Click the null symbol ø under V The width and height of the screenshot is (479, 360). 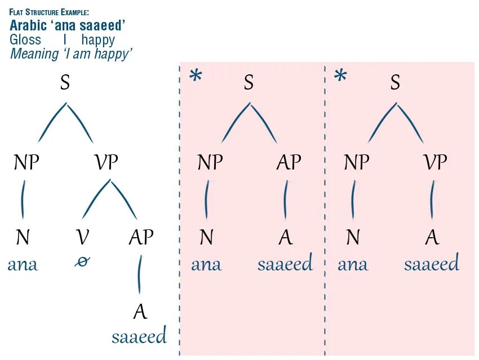click(x=83, y=263)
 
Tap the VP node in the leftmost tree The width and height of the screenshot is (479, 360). click(x=106, y=163)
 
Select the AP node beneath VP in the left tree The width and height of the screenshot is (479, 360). click(x=140, y=237)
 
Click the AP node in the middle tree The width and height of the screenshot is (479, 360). click(x=289, y=163)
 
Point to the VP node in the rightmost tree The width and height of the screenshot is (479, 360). click(x=435, y=162)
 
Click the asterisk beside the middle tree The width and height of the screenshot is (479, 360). click(x=196, y=77)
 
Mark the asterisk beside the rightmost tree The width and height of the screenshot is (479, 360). click(x=340, y=76)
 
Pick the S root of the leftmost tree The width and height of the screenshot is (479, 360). click(x=65, y=83)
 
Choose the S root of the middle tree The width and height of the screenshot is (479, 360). click(x=249, y=83)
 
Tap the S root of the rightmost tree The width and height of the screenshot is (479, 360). click(x=395, y=83)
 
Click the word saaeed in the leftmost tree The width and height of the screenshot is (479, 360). click(x=139, y=337)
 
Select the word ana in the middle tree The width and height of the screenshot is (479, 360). click(x=206, y=264)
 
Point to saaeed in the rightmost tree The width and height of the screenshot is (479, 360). click(x=432, y=263)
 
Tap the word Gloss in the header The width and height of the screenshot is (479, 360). click(x=25, y=40)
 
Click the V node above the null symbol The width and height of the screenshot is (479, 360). click(x=83, y=237)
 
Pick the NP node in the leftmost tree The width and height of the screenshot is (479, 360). click(x=26, y=163)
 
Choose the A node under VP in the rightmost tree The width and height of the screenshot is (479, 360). click(x=432, y=237)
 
